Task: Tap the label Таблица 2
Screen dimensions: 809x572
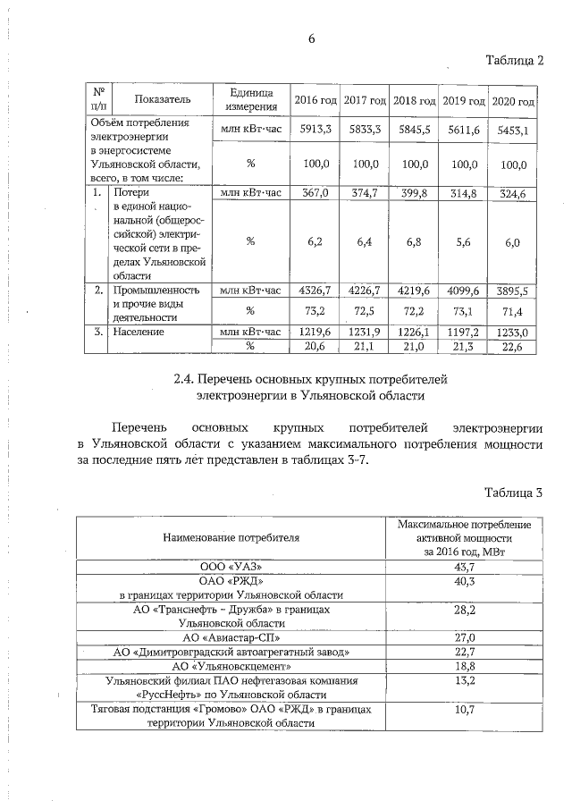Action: click(x=514, y=61)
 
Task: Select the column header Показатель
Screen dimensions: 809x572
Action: click(x=157, y=100)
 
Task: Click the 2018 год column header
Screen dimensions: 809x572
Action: click(x=414, y=100)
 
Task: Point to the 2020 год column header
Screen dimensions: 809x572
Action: click(x=514, y=100)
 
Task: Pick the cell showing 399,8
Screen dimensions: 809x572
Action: click(x=414, y=192)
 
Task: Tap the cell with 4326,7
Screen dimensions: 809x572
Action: click(x=315, y=291)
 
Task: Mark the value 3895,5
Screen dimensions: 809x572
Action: click(x=513, y=291)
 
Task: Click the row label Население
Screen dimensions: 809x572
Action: click(x=139, y=332)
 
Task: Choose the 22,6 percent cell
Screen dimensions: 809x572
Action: click(x=513, y=347)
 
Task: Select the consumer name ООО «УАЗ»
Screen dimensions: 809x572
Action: click(x=231, y=567)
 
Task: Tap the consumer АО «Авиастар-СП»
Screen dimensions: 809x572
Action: click(x=231, y=637)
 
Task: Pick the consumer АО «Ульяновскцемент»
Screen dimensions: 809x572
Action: click(x=231, y=666)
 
